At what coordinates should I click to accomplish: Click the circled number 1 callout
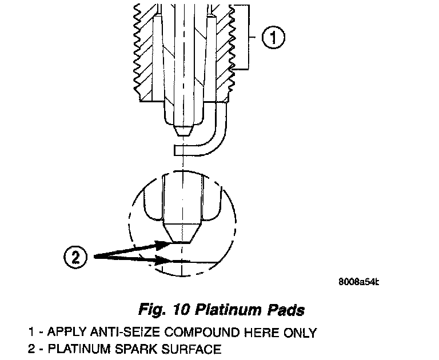click(272, 38)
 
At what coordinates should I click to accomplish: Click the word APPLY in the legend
click(63, 333)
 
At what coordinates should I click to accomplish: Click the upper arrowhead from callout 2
click(163, 244)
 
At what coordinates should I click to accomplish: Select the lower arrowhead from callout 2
click(163, 262)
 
